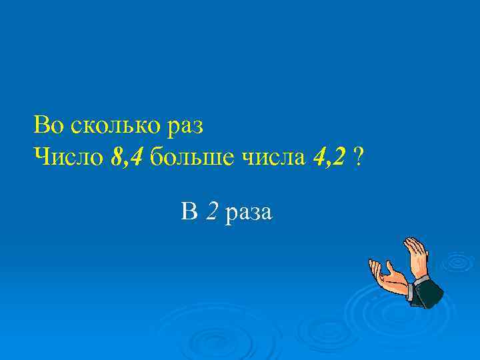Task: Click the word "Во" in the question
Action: (x=47, y=125)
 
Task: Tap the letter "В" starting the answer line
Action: (x=189, y=213)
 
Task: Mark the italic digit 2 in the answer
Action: (x=211, y=213)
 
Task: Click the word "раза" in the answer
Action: (x=248, y=214)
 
